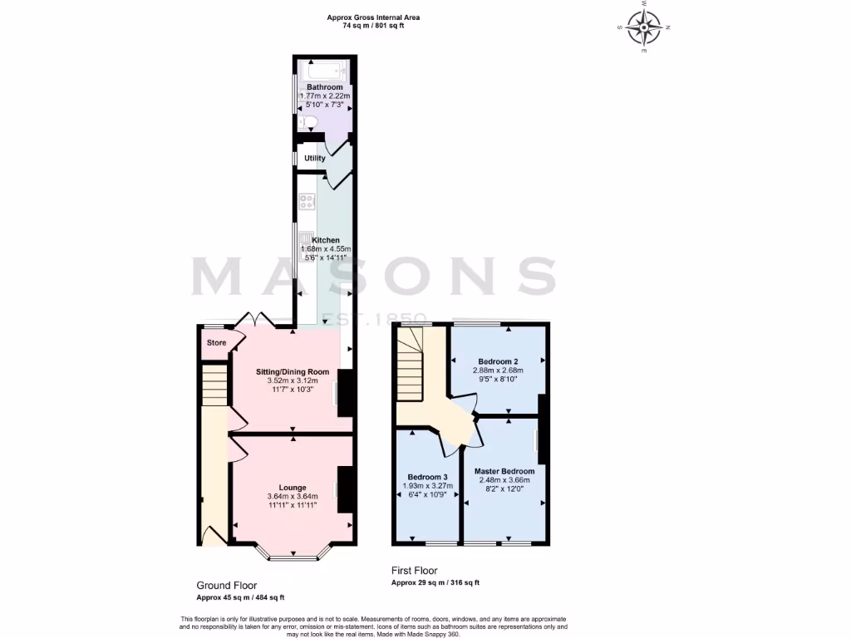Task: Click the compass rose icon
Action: coord(644,28)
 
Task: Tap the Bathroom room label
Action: coord(324,87)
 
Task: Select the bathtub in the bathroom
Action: coord(324,70)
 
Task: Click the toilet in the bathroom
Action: coord(308,124)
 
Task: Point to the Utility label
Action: coord(315,158)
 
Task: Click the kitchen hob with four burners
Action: coord(306,200)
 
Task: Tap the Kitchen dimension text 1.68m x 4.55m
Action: coord(326,248)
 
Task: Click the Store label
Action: coord(216,342)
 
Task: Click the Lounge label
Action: coord(293,488)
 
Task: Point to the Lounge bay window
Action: coord(293,555)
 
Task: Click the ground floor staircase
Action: coord(214,385)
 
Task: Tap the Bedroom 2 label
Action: coord(499,361)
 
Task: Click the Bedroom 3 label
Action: coord(428,477)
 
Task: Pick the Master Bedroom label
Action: coord(506,471)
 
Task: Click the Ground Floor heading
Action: coord(226,585)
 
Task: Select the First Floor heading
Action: coord(414,571)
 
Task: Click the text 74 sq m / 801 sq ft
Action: coord(373,26)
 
